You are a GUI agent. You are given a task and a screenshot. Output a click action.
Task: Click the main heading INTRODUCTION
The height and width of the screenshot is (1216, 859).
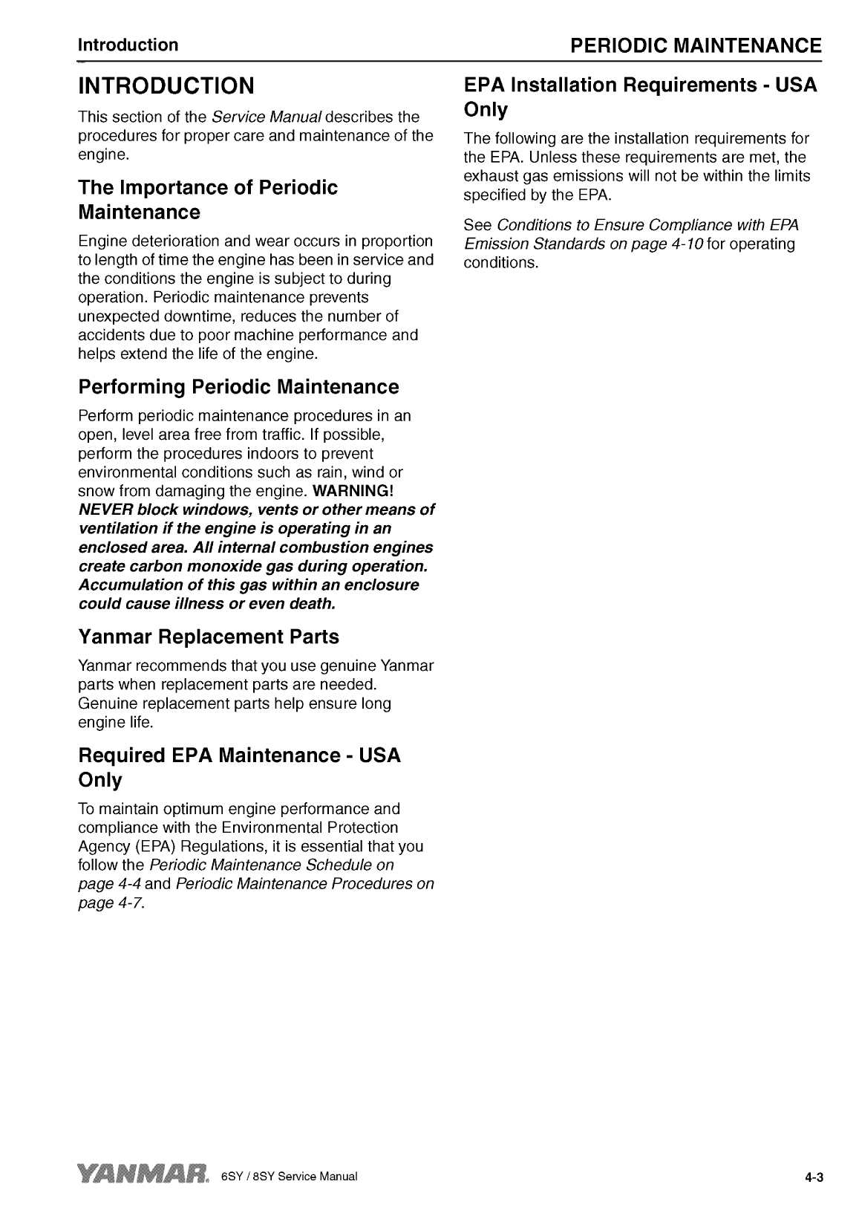pos(166,85)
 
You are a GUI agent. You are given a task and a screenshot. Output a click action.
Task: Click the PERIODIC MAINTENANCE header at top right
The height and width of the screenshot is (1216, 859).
pos(695,45)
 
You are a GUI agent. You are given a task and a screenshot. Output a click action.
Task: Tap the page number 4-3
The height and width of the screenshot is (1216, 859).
pos(815,1178)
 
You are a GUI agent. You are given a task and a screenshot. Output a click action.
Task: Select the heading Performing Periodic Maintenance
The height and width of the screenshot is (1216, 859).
pos(238,387)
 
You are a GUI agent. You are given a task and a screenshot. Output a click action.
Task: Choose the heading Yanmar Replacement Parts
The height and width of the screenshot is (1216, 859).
pos(209,637)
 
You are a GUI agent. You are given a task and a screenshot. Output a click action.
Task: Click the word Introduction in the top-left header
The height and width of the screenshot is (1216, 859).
pos(128,45)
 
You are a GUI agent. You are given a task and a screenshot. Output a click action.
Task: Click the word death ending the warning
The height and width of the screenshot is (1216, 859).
pos(313,603)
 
